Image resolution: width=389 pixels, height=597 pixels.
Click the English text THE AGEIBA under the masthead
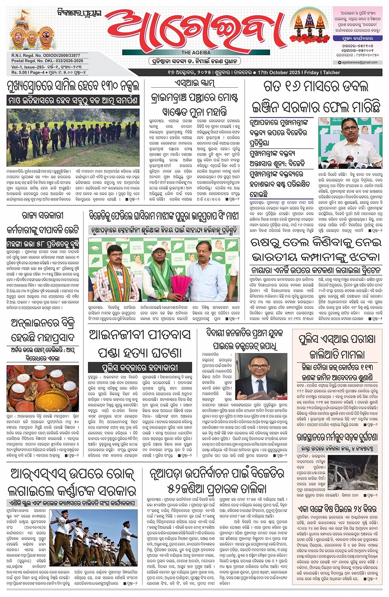pos(196,53)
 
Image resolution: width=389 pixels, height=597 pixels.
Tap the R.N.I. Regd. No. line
pos(46,56)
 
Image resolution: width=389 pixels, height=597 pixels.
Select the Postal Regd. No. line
pos(47,61)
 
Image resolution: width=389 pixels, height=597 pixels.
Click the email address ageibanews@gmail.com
pos(359,63)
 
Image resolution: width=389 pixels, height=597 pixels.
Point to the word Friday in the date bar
pos(312,72)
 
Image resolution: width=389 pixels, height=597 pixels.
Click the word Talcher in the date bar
pos(331,72)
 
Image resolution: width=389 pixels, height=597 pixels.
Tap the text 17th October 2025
pos(279,72)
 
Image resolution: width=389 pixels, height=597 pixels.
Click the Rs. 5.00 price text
pos(19,72)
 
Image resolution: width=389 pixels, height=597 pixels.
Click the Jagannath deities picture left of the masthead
pos(30,33)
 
